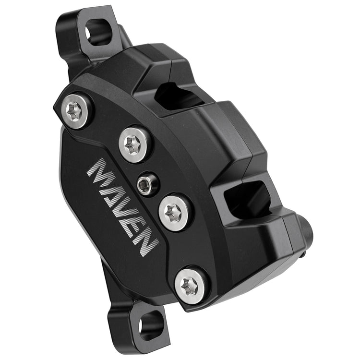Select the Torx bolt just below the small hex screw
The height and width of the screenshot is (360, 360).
coord(176,212)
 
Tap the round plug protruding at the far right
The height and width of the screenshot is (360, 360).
coord(305,233)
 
